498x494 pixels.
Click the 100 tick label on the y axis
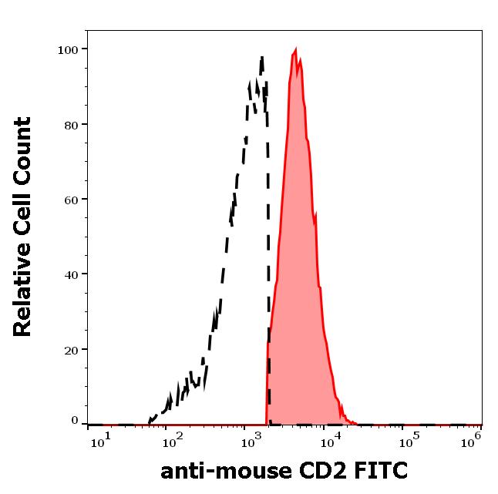68,49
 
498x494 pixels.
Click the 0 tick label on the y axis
75,421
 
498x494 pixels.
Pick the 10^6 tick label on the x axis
473,438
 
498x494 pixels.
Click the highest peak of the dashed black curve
262,57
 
